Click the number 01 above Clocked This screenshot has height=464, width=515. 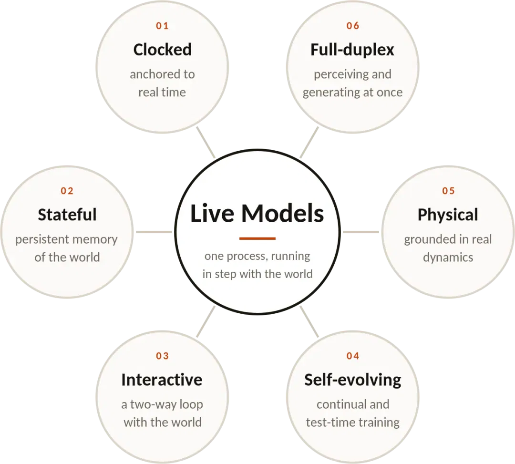point(162,26)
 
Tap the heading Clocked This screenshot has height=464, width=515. point(162,50)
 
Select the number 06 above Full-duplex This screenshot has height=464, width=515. point(353,26)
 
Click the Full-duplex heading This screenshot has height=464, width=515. point(352,50)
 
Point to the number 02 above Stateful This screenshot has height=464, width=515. point(67,191)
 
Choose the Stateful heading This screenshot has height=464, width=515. point(67,215)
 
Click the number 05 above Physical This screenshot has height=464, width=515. point(448,191)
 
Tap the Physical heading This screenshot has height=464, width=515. point(448,215)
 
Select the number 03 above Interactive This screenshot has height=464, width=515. point(162,356)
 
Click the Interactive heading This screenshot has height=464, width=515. point(162,380)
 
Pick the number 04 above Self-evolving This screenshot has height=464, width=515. point(353,356)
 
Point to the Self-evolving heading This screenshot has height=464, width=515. point(353,380)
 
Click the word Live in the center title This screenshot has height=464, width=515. point(212,214)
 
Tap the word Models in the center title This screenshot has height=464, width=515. point(283,214)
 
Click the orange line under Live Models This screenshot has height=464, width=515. point(257,238)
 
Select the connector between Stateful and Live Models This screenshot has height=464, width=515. point(154,232)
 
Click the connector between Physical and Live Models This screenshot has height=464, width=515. point(361,232)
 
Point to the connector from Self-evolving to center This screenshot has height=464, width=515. point(309,321)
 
